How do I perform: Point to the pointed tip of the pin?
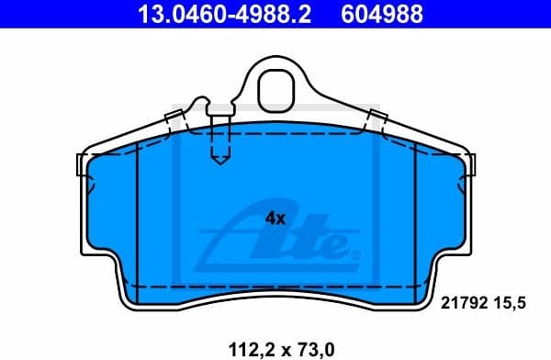(219, 163)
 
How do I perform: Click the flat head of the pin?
(219, 111)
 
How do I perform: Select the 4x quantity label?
(275, 219)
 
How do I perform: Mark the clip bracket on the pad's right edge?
(473, 164)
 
